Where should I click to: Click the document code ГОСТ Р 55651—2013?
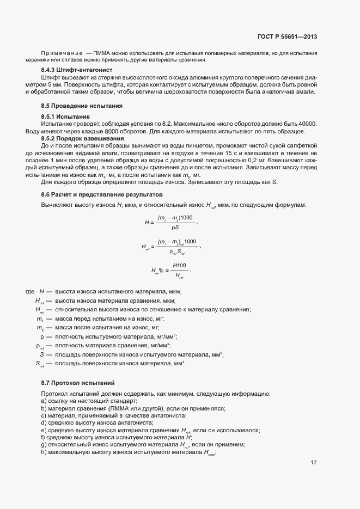point(287,36)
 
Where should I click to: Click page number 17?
point(314,463)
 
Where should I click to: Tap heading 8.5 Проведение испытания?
point(82,105)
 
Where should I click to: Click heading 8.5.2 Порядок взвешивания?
point(83,138)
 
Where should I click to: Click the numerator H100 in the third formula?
point(179,265)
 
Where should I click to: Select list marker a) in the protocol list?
point(43,400)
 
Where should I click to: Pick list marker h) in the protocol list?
point(43,452)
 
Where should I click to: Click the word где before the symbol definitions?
point(30,292)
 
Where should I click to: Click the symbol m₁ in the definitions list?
point(40,319)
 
